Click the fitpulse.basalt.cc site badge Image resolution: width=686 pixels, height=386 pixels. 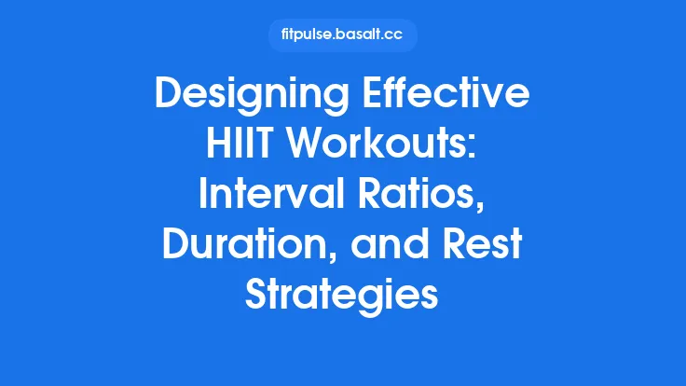(x=342, y=35)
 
